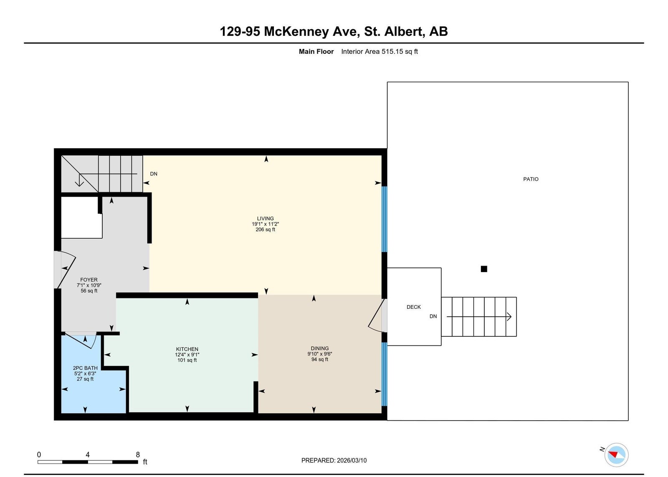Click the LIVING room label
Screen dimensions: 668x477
(265, 219)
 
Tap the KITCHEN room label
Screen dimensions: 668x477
(187, 349)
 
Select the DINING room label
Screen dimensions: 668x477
(320, 348)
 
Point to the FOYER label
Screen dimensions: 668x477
(89, 280)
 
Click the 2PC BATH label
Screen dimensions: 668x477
(85, 368)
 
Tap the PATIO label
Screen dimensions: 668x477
(531, 179)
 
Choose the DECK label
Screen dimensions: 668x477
(414, 307)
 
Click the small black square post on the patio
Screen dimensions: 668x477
(484, 269)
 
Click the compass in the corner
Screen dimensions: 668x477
(616, 454)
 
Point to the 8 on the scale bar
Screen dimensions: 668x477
(138, 454)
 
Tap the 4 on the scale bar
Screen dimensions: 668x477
(88, 454)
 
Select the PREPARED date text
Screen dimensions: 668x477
(334, 460)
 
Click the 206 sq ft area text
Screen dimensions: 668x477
(266, 230)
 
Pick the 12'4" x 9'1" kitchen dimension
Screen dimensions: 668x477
(187, 354)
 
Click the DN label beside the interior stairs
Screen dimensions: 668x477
(154, 174)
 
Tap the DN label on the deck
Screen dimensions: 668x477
(433, 316)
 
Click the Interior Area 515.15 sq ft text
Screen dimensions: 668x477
(380, 52)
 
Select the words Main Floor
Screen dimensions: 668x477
(316, 52)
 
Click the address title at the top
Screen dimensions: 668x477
(334, 31)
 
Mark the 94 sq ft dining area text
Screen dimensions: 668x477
(320, 359)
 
